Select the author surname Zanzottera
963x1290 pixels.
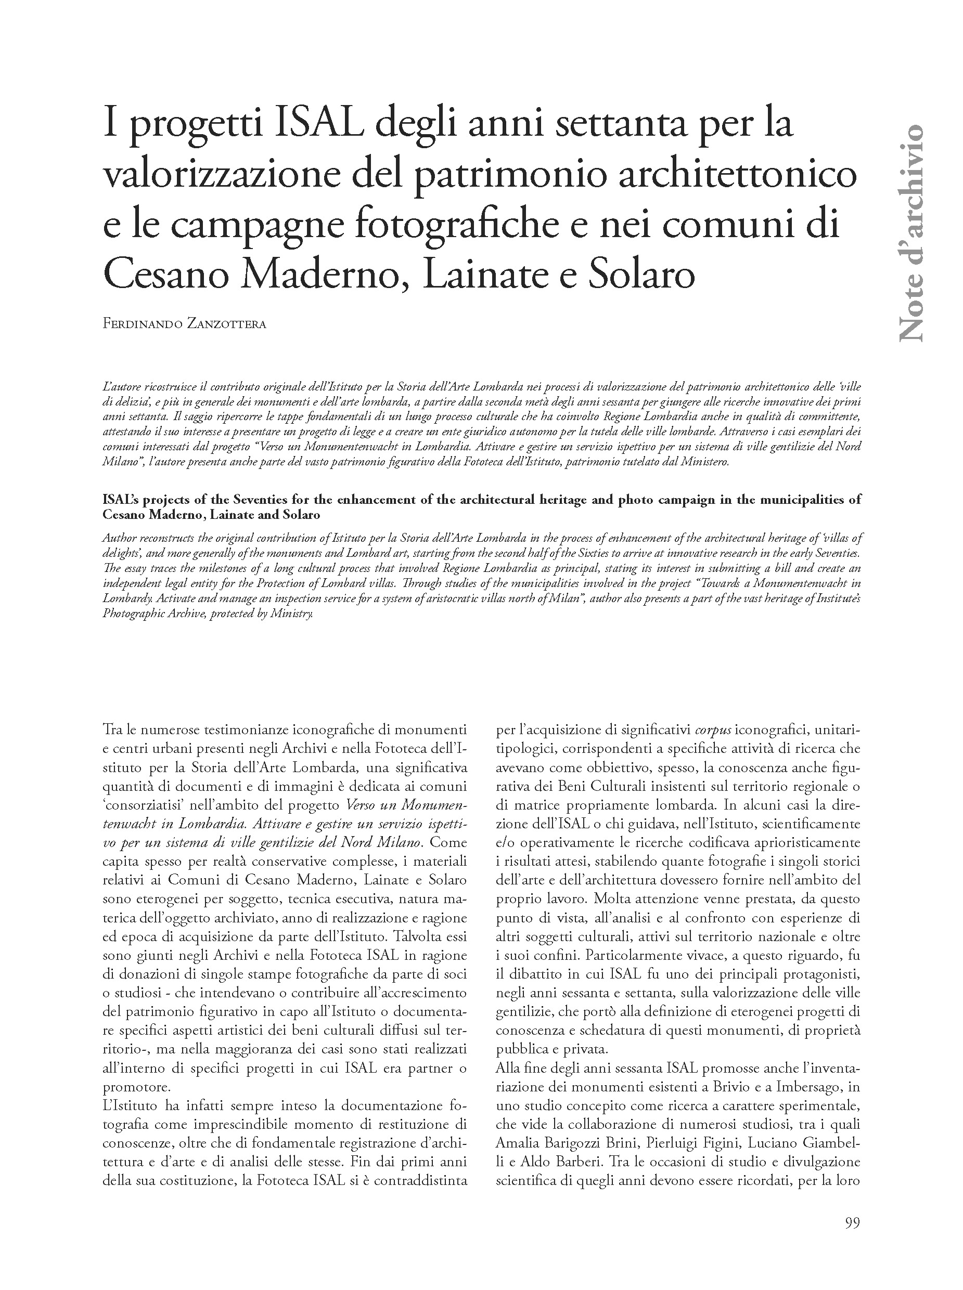(x=231, y=324)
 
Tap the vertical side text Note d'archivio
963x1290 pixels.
(x=910, y=233)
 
